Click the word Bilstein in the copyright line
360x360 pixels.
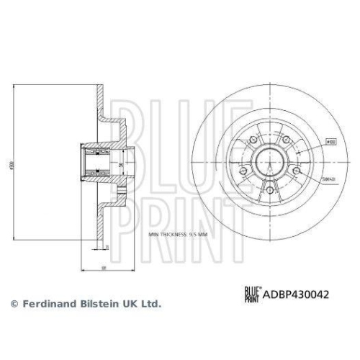(x=93, y=305)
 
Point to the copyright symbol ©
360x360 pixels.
(x=12, y=305)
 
